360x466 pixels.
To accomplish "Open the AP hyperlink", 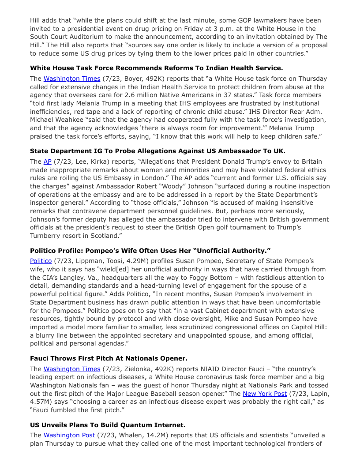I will coord(47,161).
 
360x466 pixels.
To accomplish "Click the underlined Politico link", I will coord(41,261).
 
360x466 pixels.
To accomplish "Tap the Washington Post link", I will coord(69,435).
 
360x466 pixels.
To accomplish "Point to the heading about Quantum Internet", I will coord(108,425).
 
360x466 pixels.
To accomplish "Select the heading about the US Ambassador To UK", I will coord(157,150).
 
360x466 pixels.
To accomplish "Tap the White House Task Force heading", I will coord(156,68).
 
